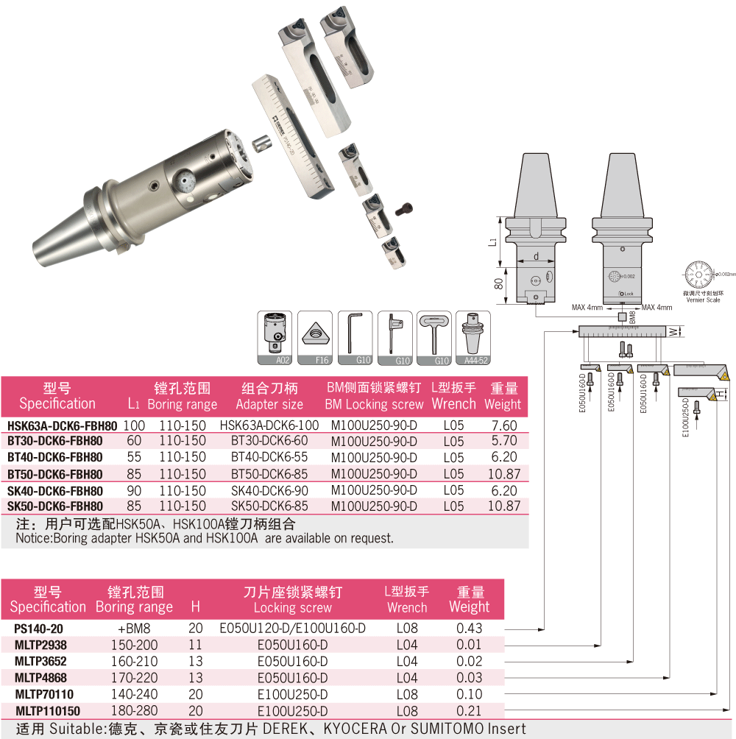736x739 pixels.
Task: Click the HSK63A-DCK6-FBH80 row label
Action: (x=62, y=425)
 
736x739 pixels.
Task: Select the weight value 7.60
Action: (x=503, y=425)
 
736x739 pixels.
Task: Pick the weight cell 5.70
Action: (x=503, y=441)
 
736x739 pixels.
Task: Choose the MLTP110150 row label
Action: (x=48, y=711)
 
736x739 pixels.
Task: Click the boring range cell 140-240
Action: (x=133, y=694)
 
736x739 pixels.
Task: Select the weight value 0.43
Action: (x=469, y=629)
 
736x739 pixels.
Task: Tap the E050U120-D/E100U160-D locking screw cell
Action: (x=293, y=629)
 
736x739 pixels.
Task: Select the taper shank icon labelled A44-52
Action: (x=473, y=339)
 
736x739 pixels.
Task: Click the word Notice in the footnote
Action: (x=35, y=538)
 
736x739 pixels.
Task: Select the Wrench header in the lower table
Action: (x=406, y=607)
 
